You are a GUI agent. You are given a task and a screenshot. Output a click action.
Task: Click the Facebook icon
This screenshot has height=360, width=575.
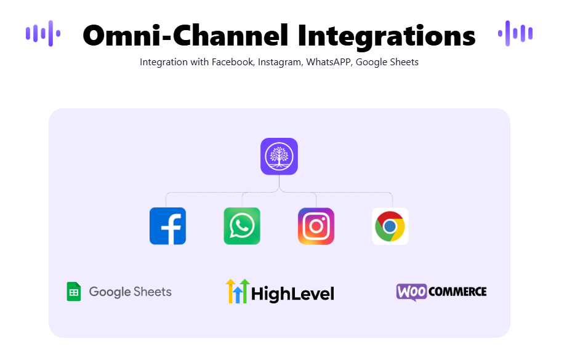[x=167, y=226]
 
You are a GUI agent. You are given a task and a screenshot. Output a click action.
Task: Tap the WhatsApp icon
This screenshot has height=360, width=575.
[x=242, y=226]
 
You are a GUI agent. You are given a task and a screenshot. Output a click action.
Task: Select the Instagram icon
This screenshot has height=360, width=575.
[x=316, y=226]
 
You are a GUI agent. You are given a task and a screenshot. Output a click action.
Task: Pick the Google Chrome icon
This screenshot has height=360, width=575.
[x=390, y=226]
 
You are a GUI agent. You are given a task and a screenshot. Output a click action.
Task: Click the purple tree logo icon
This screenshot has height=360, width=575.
[x=279, y=156]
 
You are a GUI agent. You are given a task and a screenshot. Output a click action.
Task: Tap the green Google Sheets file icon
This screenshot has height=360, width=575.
[x=74, y=292]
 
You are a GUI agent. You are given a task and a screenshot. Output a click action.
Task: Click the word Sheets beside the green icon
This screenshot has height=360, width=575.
[x=153, y=292]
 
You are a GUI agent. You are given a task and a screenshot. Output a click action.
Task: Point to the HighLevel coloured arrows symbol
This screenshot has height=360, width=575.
[x=238, y=291]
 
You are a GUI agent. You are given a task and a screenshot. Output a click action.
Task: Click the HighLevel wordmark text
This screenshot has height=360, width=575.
[x=292, y=294]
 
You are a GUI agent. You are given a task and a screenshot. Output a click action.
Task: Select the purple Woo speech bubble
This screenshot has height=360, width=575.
[x=411, y=292]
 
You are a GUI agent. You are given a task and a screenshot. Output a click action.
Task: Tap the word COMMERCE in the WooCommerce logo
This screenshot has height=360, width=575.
[x=457, y=292]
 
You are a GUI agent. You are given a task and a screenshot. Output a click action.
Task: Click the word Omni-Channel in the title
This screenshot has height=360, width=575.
[x=185, y=36]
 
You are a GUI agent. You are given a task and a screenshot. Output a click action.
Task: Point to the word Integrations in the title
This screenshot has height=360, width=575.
[x=387, y=37]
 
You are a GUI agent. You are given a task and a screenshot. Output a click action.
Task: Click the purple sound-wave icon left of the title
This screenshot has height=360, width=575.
[x=43, y=33]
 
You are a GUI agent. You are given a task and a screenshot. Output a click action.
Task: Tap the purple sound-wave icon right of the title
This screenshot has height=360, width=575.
[x=515, y=33]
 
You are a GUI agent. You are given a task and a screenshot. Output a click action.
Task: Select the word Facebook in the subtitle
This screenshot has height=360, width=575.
[x=233, y=62]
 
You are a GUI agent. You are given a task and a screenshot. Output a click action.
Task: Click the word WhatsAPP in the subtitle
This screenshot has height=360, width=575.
[x=329, y=62]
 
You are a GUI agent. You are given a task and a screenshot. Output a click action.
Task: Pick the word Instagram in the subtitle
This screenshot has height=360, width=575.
[x=280, y=62]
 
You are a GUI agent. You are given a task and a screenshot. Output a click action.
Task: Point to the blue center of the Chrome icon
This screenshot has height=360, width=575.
[x=390, y=226]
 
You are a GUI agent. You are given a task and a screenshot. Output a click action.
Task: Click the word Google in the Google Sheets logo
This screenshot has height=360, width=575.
[x=110, y=292]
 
